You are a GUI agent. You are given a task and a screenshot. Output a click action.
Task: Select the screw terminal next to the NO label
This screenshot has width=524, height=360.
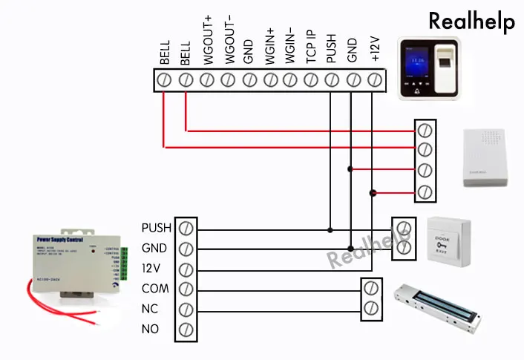pyautogui.click(x=186, y=328)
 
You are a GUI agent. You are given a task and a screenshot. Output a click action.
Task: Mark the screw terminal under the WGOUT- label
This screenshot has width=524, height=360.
pyautogui.click(x=229, y=79)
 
